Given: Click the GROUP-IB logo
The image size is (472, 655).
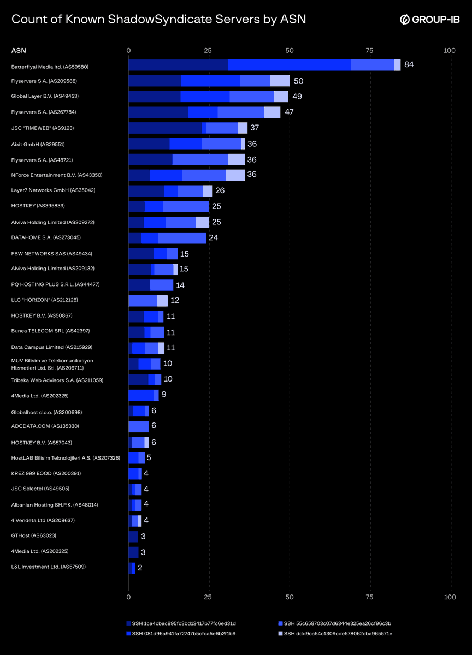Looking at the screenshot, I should coord(430,20).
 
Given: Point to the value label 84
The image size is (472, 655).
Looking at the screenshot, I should coord(409,65).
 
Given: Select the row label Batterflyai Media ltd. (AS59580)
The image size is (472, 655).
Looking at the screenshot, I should coord(50,67).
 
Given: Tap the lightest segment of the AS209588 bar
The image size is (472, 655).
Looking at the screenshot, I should coord(280,81).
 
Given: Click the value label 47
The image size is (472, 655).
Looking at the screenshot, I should coord(290,112).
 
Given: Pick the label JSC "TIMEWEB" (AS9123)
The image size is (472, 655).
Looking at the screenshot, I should coord(43,128).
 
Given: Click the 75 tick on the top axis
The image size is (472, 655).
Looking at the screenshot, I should coord(370,51).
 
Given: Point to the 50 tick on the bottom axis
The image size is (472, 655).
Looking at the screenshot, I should coord(290,597).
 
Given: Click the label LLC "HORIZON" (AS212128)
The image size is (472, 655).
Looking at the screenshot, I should coord(45,300).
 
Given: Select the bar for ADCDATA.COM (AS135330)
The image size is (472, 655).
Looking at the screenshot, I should coord(138,426).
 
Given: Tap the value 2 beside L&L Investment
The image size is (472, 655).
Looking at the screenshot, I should coord(140,568).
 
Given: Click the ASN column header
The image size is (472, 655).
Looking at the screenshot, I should coord(18,51).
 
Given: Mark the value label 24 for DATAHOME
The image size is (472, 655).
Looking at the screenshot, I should coord(213,238).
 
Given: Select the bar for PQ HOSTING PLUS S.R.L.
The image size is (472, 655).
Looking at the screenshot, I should coord(151,285).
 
